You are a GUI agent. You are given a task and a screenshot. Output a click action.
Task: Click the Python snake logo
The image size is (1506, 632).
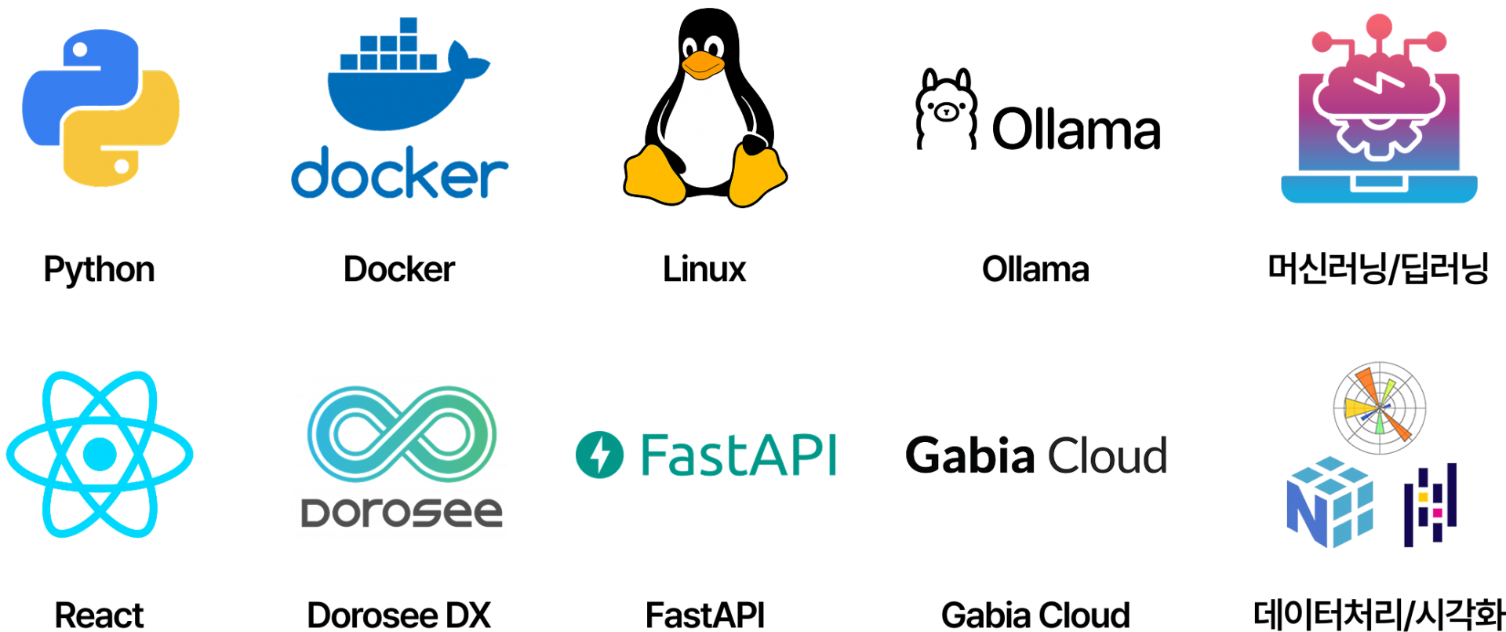100,108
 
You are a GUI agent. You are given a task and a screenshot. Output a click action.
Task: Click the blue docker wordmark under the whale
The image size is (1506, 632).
399,172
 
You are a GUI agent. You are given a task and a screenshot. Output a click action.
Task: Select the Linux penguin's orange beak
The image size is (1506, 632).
703,66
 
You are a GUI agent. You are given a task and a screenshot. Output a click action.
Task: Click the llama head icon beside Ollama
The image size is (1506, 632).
947,109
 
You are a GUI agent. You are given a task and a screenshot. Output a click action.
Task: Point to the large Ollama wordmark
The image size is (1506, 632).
1076,129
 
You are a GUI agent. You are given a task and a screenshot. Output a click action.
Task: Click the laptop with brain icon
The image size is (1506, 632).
1379,108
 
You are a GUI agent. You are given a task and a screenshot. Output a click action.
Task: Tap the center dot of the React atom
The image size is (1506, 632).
100,454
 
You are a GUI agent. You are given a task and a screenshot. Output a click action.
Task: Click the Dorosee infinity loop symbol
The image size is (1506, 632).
402,433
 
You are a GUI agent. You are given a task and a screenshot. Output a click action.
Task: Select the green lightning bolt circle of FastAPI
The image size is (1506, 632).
599,455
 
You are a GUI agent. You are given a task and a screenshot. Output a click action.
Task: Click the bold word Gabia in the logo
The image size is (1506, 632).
970,455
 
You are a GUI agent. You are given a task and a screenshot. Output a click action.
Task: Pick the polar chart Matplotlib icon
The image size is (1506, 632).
1380,408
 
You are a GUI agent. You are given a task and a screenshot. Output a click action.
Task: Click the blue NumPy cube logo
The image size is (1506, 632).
1330,502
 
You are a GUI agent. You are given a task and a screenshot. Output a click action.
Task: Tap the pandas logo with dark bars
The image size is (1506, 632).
1430,505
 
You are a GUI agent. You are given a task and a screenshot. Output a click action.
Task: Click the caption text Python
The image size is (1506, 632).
99,270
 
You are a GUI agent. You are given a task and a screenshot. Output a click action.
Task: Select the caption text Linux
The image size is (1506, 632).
704,269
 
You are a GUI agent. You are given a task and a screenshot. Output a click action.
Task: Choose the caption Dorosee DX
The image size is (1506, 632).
398,615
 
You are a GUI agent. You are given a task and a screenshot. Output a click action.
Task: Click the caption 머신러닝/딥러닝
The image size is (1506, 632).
1378,269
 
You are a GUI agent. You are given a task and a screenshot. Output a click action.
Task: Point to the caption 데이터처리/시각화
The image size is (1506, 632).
1379,615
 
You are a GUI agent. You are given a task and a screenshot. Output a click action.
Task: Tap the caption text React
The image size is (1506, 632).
99,615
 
